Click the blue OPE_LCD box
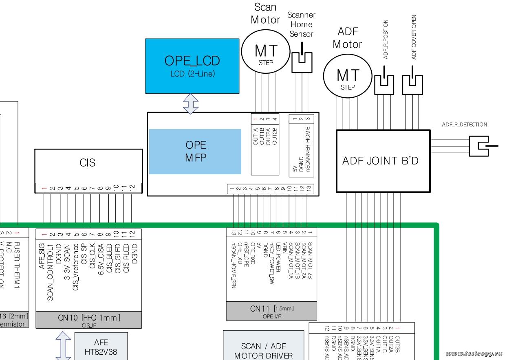(x=192, y=66)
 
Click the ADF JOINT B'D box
(x=383, y=161)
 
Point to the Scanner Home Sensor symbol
(x=302, y=57)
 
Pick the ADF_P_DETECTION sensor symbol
(x=481, y=145)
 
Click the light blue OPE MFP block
(x=196, y=151)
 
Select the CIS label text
(x=88, y=163)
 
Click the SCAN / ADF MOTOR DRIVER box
(x=263, y=350)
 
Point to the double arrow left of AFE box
(x=63, y=345)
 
